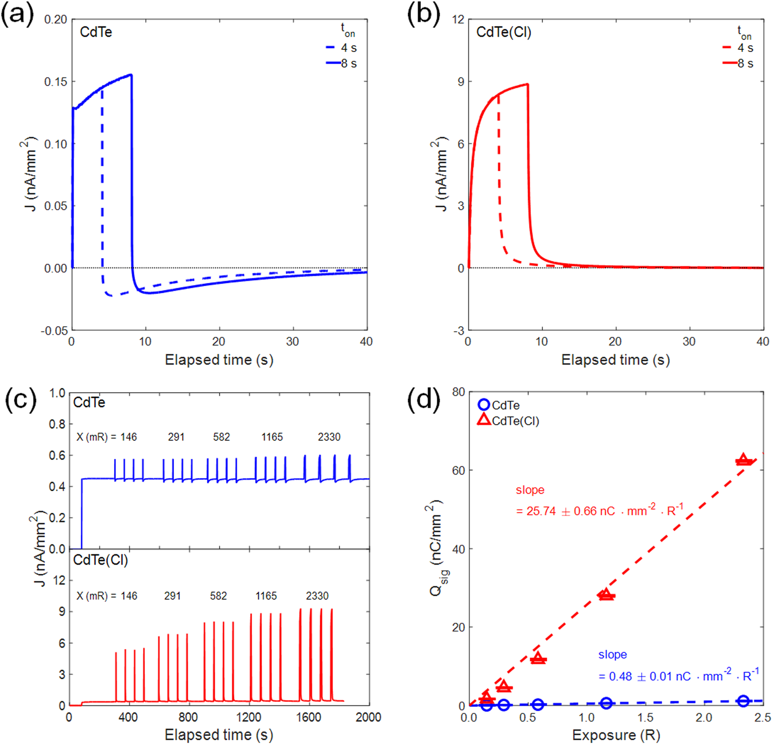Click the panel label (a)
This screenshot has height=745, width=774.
17,15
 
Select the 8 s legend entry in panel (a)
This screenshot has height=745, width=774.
342,63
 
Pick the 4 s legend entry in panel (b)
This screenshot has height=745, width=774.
738,48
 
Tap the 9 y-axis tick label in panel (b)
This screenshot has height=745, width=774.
461,82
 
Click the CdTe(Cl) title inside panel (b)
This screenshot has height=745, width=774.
503,32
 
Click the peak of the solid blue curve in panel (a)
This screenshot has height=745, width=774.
131,75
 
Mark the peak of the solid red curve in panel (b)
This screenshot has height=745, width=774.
528,84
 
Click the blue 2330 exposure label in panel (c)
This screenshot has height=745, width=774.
329,437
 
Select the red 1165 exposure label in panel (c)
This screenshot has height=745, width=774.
266,596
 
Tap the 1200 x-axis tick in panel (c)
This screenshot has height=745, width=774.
248,717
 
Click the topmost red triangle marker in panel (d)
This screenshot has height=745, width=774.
743,459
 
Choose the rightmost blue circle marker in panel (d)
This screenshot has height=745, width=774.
743,701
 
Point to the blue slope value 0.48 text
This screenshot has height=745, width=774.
678,676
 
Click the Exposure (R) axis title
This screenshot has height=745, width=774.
616,735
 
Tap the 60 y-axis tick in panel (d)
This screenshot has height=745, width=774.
458,471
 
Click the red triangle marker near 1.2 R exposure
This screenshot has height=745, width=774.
606,594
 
